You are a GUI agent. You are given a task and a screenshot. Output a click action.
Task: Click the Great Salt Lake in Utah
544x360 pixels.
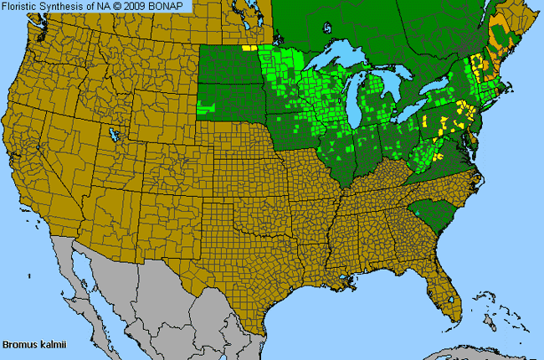(x=111, y=134)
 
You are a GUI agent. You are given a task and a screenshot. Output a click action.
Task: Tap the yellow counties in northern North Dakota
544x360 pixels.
(x=247, y=48)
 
